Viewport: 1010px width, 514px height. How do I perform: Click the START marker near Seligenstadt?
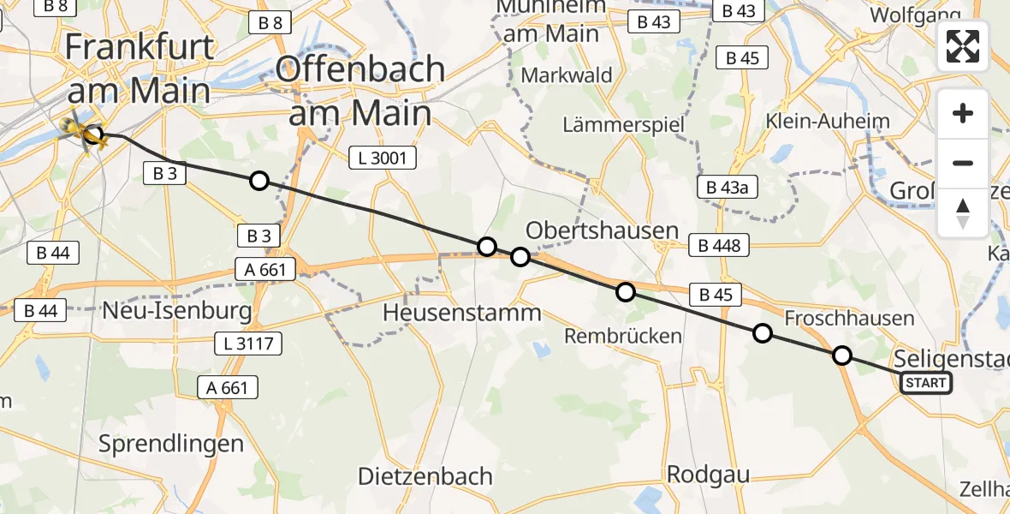(926, 383)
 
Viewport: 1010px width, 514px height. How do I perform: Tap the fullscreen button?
(963, 46)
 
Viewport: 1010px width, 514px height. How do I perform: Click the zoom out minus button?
(963, 163)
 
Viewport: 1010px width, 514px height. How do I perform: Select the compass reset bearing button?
(963, 212)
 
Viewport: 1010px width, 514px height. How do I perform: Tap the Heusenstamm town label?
(461, 313)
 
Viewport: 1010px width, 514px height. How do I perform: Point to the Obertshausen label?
(602, 230)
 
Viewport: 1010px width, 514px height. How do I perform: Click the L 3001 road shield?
(383, 158)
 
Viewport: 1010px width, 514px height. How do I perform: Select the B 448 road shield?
(719, 246)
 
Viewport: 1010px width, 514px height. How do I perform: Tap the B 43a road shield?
(728, 188)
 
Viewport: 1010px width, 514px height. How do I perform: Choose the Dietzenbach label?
(425, 476)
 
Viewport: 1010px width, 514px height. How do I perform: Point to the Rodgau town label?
(708, 474)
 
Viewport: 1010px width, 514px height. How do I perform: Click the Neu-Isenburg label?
(177, 310)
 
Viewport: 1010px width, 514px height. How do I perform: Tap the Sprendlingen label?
(171, 444)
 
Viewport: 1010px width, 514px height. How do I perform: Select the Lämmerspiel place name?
(623, 125)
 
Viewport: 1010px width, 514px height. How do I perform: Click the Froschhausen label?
(849, 319)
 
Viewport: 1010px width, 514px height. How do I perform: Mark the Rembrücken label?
(622, 337)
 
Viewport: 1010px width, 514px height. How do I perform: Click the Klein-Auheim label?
(829, 121)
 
